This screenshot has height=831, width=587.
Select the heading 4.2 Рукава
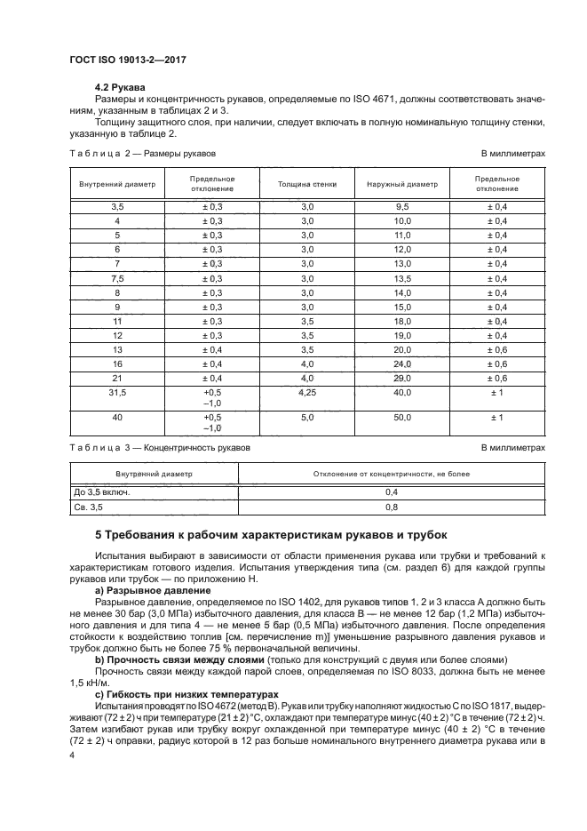(122, 86)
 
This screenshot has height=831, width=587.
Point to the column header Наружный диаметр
(402, 184)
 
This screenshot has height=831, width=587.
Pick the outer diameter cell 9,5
(402, 205)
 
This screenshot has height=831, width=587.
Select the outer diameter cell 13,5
(402, 278)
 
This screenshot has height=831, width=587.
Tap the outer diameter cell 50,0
(402, 417)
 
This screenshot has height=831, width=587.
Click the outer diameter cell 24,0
(402, 364)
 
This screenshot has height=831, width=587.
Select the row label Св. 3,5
(89, 507)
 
